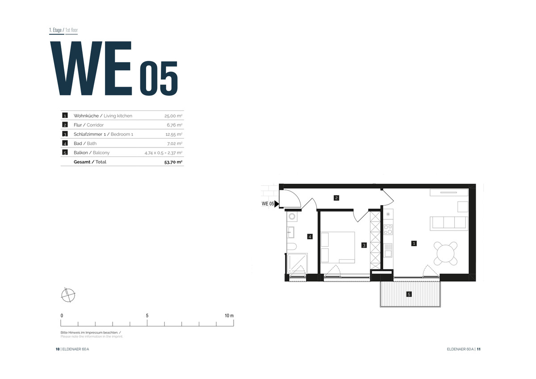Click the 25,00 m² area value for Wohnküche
(173, 116)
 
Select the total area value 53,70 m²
(173, 162)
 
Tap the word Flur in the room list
(78, 125)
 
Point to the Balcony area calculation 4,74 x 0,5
(154, 153)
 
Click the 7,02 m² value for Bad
(175, 143)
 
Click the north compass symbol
(68, 295)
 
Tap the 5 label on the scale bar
(147, 316)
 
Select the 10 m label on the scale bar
(229, 316)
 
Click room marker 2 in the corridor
(336, 198)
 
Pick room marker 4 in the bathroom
(310, 236)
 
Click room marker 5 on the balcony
(409, 294)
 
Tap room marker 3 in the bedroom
(364, 245)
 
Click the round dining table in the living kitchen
(446, 253)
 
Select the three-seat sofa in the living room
(448, 223)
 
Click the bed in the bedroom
(338, 247)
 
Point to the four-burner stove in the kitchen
(388, 229)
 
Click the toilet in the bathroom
(292, 246)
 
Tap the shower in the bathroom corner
(297, 263)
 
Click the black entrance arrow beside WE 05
(276, 204)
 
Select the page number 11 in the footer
(478, 349)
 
